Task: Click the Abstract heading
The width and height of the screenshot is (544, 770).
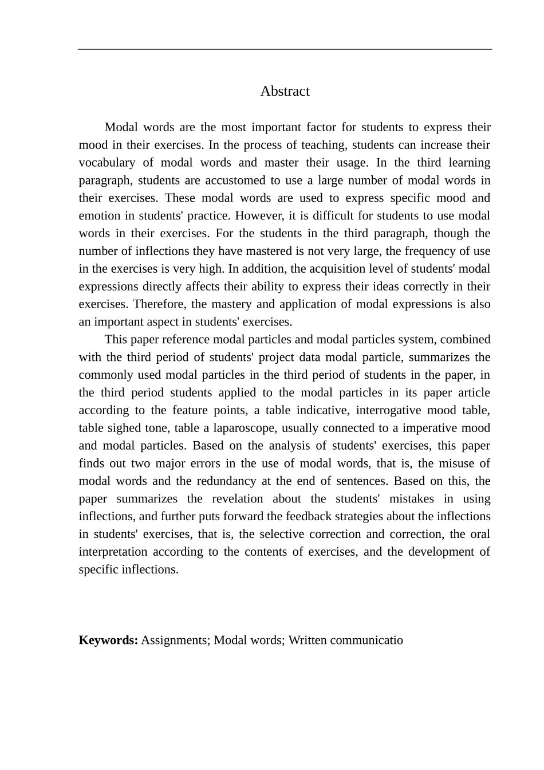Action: point(285,91)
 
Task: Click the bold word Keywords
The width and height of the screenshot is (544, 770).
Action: point(108,641)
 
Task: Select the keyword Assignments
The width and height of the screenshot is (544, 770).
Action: point(175,641)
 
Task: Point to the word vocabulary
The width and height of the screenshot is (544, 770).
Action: point(107,163)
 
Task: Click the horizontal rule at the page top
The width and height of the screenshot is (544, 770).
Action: point(285,49)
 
